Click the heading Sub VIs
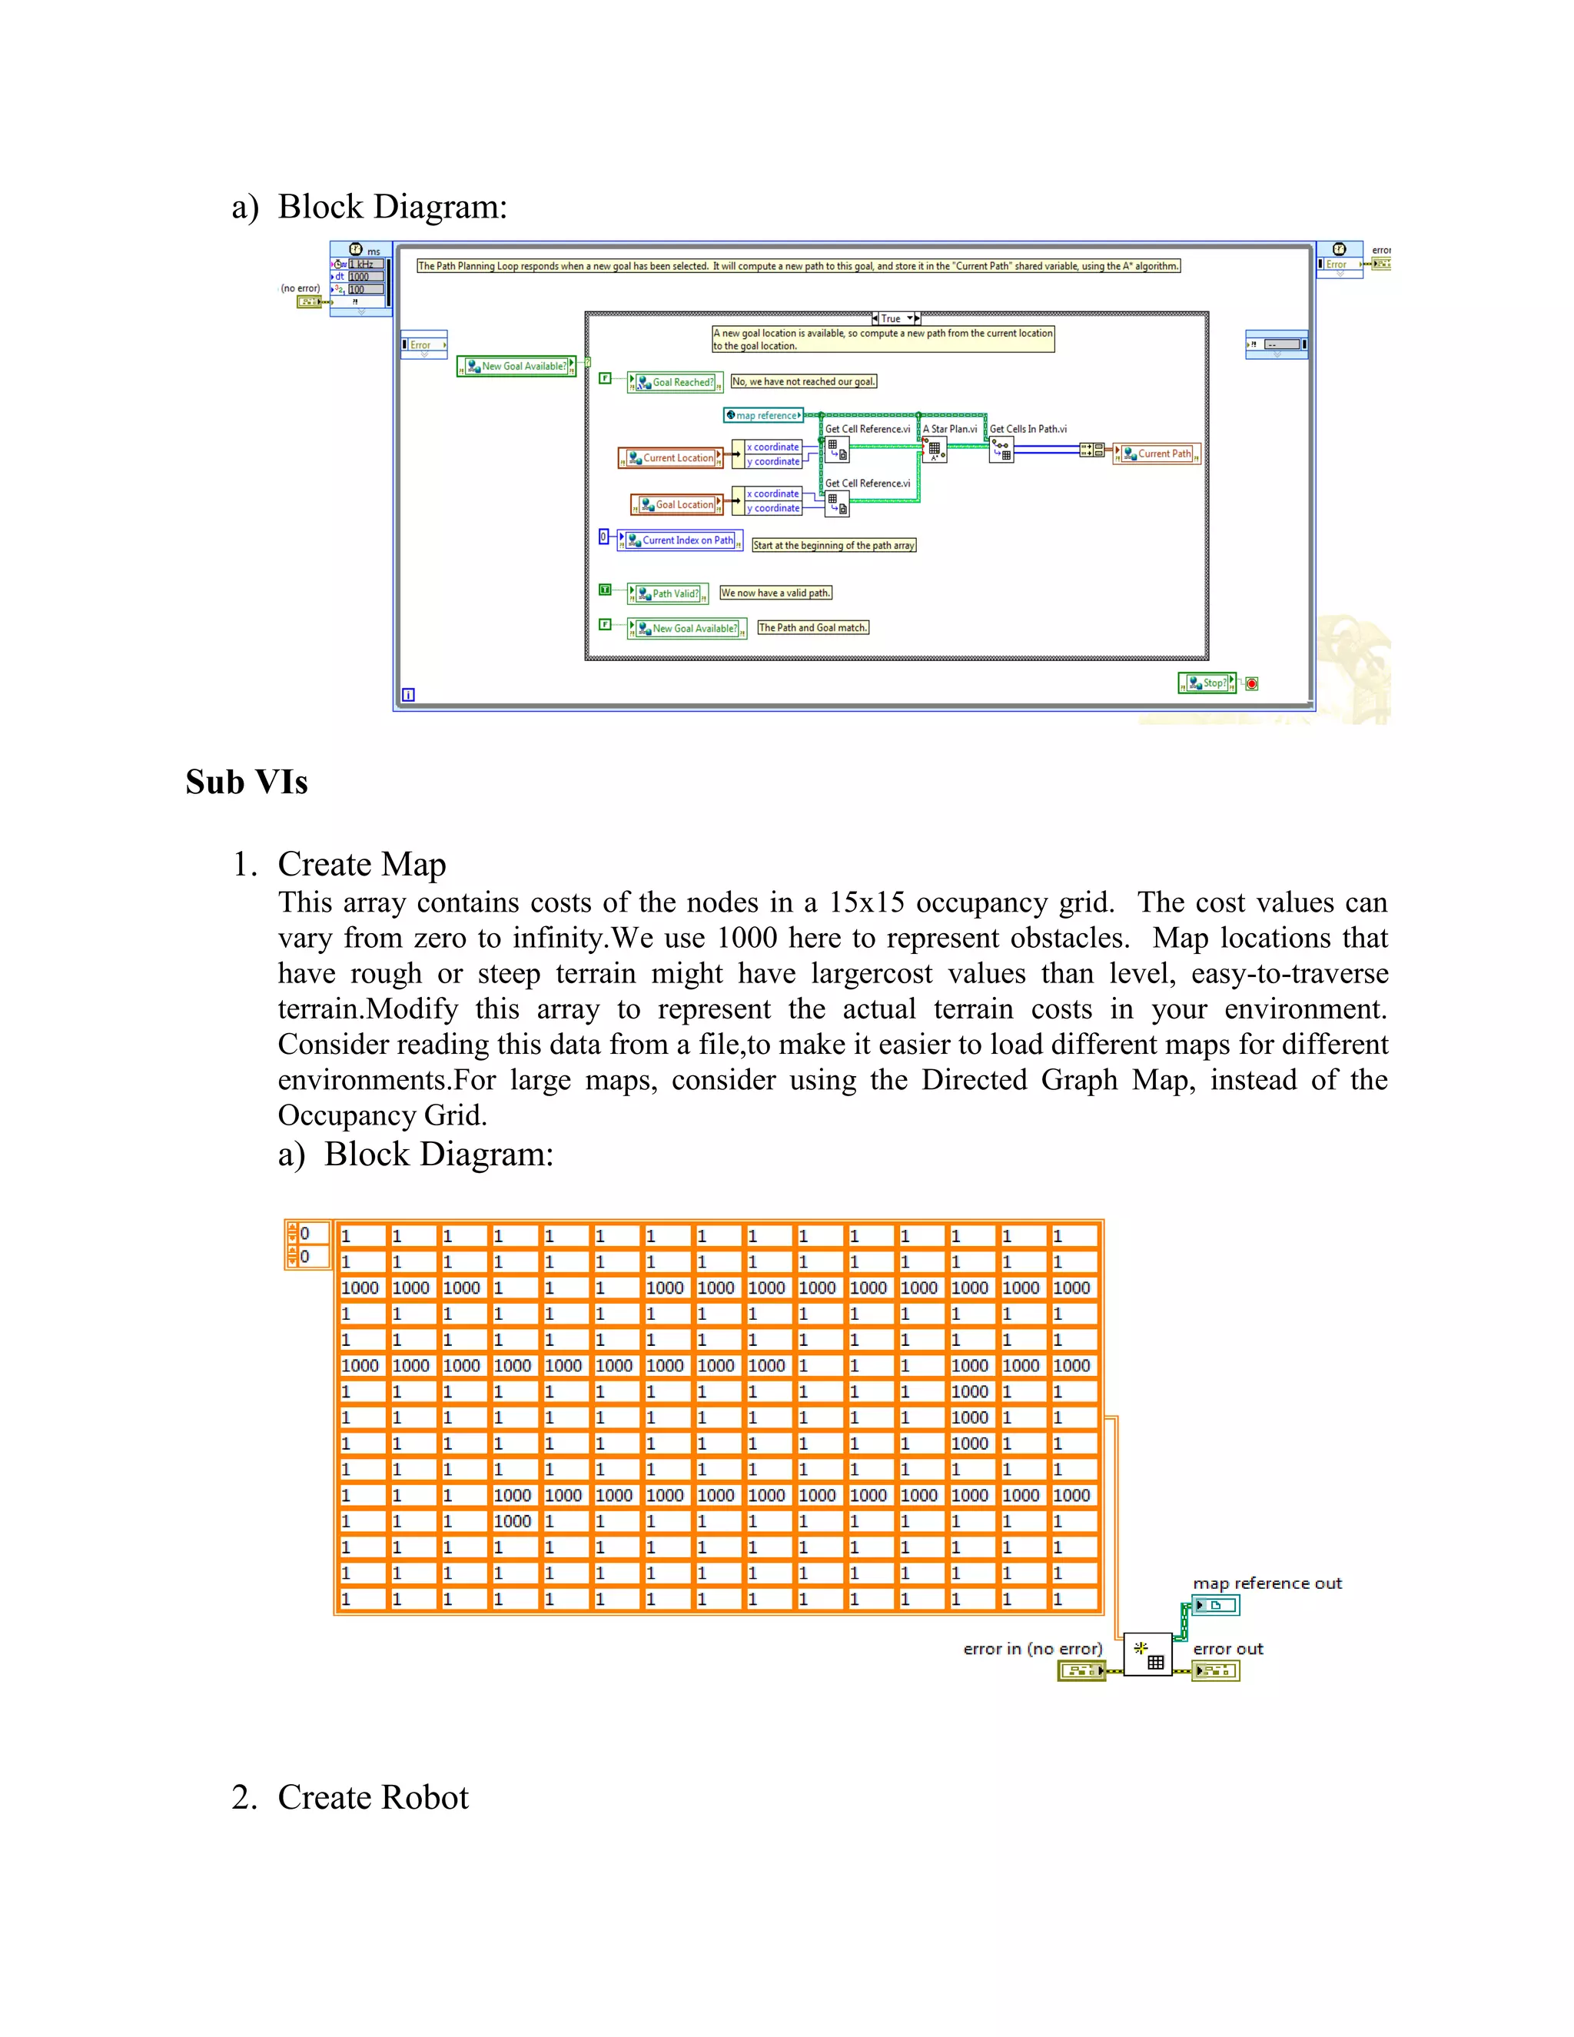point(246,782)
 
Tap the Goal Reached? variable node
point(675,382)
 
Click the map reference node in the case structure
point(764,415)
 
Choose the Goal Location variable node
point(677,504)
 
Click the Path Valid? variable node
point(668,593)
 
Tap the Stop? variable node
point(1207,683)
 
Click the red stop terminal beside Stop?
point(1251,683)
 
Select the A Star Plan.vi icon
point(935,450)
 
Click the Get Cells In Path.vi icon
point(1001,450)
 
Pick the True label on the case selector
point(892,319)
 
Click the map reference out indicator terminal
point(1216,1605)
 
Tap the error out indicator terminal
point(1216,1670)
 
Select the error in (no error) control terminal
point(1081,1670)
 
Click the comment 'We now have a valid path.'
point(775,593)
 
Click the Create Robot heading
point(373,1797)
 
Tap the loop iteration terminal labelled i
point(408,695)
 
